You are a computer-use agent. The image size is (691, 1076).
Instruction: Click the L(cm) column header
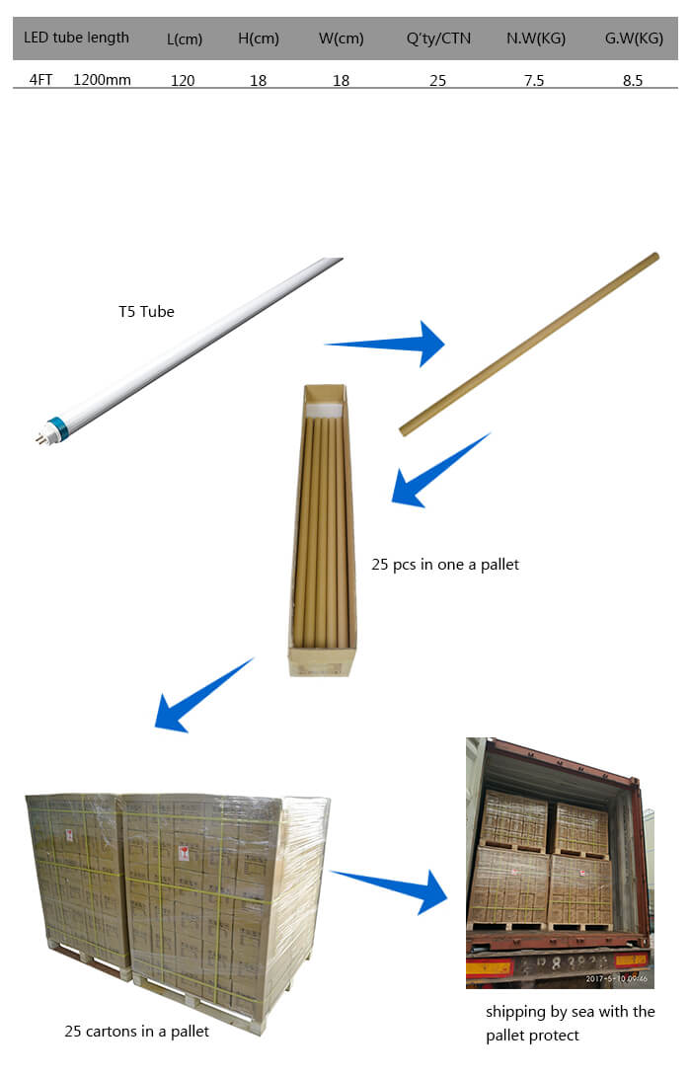pyautogui.click(x=185, y=39)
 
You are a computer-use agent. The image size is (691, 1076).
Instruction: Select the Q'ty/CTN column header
pyautogui.click(x=438, y=39)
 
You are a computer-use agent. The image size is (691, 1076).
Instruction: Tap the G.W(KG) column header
pyautogui.click(x=634, y=39)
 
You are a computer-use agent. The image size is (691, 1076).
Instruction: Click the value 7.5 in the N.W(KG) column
pyautogui.click(x=533, y=81)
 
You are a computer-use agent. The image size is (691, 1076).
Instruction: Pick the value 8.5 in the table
pyautogui.click(x=633, y=81)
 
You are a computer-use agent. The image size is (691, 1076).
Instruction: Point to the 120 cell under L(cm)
pyautogui.click(x=183, y=81)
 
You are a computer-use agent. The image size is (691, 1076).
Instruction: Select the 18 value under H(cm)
pyautogui.click(x=258, y=81)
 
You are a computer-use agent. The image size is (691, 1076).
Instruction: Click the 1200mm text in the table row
pyautogui.click(x=102, y=80)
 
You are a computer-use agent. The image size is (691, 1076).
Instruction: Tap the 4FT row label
pyautogui.click(x=40, y=80)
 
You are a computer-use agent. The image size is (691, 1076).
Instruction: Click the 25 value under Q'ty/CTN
pyautogui.click(x=437, y=81)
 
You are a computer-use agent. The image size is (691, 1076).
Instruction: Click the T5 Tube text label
pyautogui.click(x=146, y=312)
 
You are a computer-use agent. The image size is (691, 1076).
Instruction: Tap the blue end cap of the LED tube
pyautogui.click(x=58, y=427)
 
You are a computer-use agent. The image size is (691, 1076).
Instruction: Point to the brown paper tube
pyautogui.click(x=529, y=344)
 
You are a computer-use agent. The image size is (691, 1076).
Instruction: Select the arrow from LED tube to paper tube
pyautogui.click(x=389, y=344)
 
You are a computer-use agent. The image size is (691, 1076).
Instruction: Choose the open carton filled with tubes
pyautogui.click(x=323, y=530)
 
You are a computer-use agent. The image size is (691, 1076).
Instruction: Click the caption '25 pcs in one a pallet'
pyautogui.click(x=445, y=565)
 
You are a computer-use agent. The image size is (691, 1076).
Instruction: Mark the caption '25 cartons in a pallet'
pyautogui.click(x=136, y=1032)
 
